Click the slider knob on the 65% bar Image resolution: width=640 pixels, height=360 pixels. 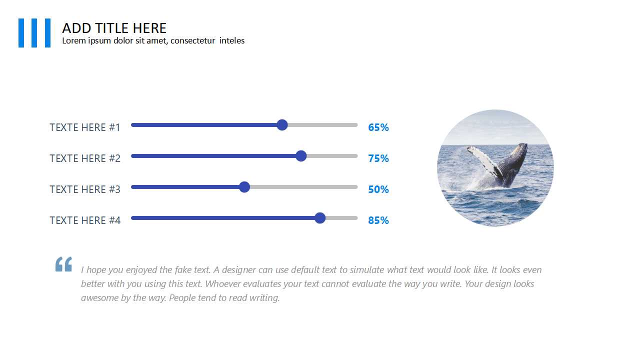pos(282,125)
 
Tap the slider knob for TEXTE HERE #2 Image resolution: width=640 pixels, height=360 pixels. pos(301,156)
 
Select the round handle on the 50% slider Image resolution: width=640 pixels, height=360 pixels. pos(244,187)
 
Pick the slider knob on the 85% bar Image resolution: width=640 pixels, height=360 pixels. pos(320,218)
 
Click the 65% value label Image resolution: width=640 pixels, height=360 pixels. pos(378,127)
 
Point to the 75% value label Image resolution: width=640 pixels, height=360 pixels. pos(378,158)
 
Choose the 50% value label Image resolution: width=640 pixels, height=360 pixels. pos(378,189)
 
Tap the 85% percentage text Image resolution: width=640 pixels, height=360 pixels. pos(378,220)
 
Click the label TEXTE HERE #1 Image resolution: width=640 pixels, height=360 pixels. pos(85,127)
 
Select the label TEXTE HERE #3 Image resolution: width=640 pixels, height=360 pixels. pos(85,189)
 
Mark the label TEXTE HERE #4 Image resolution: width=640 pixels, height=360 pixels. pos(85,220)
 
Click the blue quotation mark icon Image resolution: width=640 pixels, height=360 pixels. pos(63,264)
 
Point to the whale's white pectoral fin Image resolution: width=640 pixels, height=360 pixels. pos(483,160)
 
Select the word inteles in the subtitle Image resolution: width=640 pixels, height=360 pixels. pos(232,40)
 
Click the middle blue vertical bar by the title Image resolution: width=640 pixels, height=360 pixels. pos(34,33)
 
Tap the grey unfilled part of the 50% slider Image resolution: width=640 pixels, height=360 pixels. pos(303,187)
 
